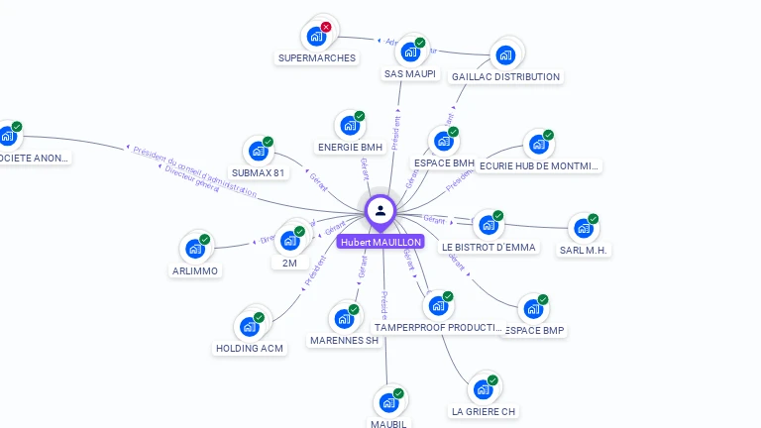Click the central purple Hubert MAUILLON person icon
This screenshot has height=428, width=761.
tap(380, 210)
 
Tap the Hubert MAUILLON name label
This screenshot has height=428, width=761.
tap(380, 242)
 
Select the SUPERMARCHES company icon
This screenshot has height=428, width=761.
tap(316, 37)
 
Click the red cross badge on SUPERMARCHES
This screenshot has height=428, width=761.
tap(326, 27)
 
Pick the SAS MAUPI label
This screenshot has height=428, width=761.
tap(409, 74)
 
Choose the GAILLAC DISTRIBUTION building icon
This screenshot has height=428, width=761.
tap(505, 55)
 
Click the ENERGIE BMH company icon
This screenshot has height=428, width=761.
tap(350, 126)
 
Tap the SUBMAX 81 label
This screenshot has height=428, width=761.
tap(258, 173)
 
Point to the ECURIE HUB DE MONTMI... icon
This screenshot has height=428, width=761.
tap(538, 145)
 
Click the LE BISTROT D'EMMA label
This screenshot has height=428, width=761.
tap(489, 247)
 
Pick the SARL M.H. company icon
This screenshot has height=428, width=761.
tap(583, 229)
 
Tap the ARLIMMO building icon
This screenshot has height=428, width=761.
tap(194, 249)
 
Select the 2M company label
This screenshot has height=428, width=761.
tap(289, 264)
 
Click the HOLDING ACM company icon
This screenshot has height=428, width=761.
tap(249, 327)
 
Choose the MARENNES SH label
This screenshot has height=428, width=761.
tap(345, 340)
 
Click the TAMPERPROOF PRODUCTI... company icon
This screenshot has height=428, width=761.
tap(437, 306)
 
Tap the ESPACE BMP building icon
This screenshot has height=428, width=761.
tap(533, 309)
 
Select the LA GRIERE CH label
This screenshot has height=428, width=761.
tap(484, 411)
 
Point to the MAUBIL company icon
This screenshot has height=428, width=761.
tap(388, 403)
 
